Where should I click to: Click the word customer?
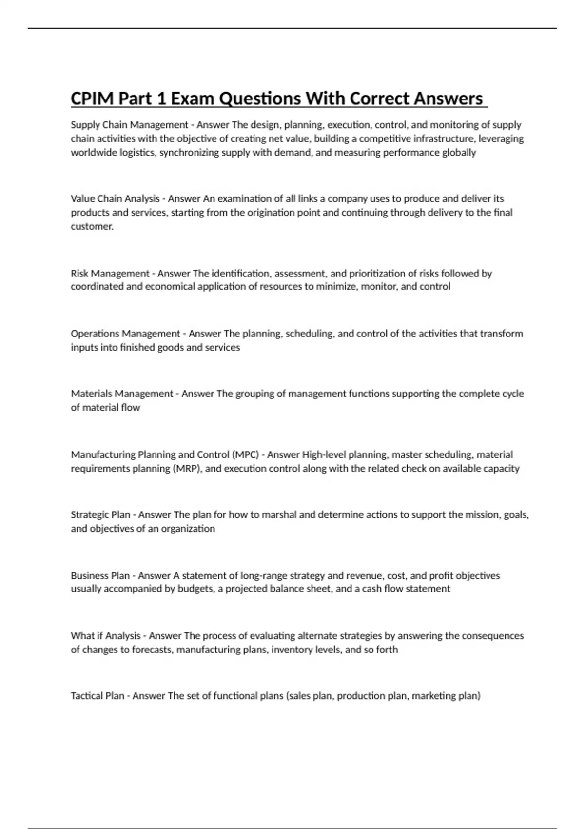[92, 226]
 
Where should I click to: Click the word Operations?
[95, 334]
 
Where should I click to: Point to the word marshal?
[279, 515]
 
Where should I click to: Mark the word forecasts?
[152, 650]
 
